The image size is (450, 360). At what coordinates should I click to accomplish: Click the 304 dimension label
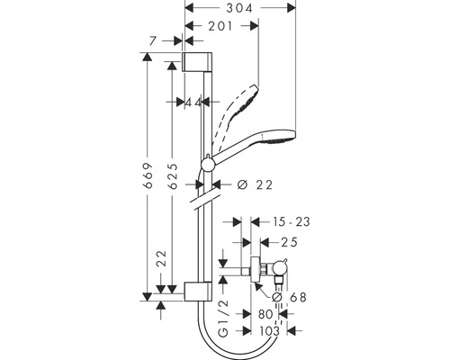[239, 8]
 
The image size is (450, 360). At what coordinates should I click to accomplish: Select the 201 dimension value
[220, 26]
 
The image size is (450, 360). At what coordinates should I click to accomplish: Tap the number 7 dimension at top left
[153, 40]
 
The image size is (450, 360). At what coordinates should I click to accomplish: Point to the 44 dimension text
[193, 103]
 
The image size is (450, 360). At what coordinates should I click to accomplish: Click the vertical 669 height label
[148, 175]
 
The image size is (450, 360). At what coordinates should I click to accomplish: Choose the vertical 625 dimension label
[173, 176]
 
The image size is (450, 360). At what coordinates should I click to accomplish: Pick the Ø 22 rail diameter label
[255, 184]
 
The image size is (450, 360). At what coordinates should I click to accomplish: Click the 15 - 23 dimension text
[291, 222]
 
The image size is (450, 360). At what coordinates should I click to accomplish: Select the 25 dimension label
[289, 242]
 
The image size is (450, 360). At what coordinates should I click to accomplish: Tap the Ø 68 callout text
[289, 297]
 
